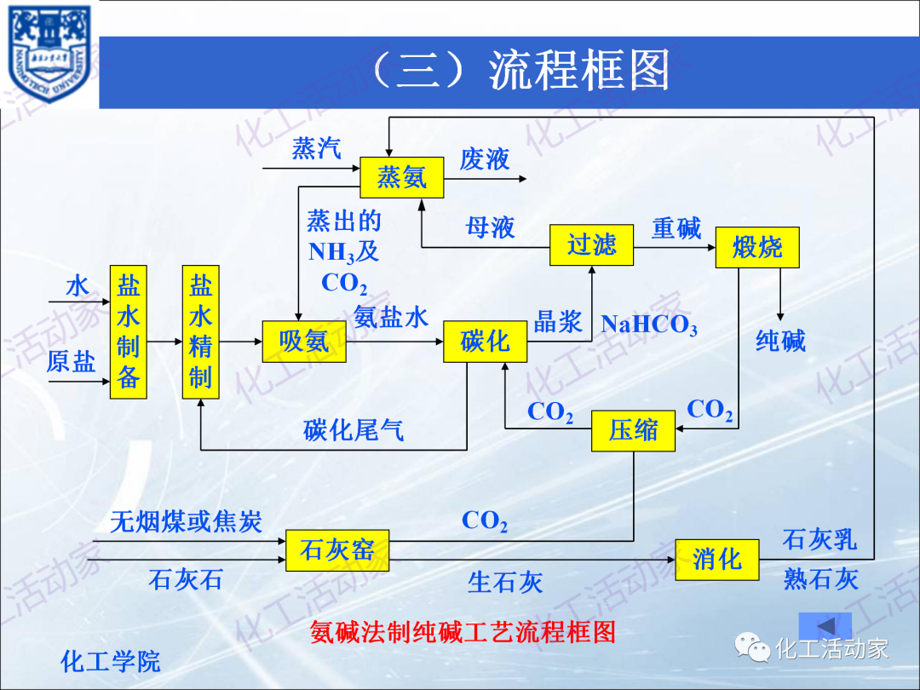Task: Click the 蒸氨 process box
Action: point(401,177)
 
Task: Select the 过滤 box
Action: point(591,245)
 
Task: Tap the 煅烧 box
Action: point(757,248)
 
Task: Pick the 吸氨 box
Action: point(303,342)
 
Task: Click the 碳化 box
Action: point(485,342)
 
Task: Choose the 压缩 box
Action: point(634,430)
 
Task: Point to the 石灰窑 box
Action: point(336,549)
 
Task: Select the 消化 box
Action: point(716,560)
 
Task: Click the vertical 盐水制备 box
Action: point(128,332)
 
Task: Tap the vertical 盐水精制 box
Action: point(200,332)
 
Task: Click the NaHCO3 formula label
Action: point(649,325)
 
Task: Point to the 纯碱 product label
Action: point(780,342)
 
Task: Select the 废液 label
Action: point(484,159)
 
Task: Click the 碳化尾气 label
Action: point(354,431)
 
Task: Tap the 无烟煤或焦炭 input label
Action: point(186,520)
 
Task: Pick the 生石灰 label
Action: point(505,584)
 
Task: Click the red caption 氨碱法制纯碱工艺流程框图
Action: point(463,632)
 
